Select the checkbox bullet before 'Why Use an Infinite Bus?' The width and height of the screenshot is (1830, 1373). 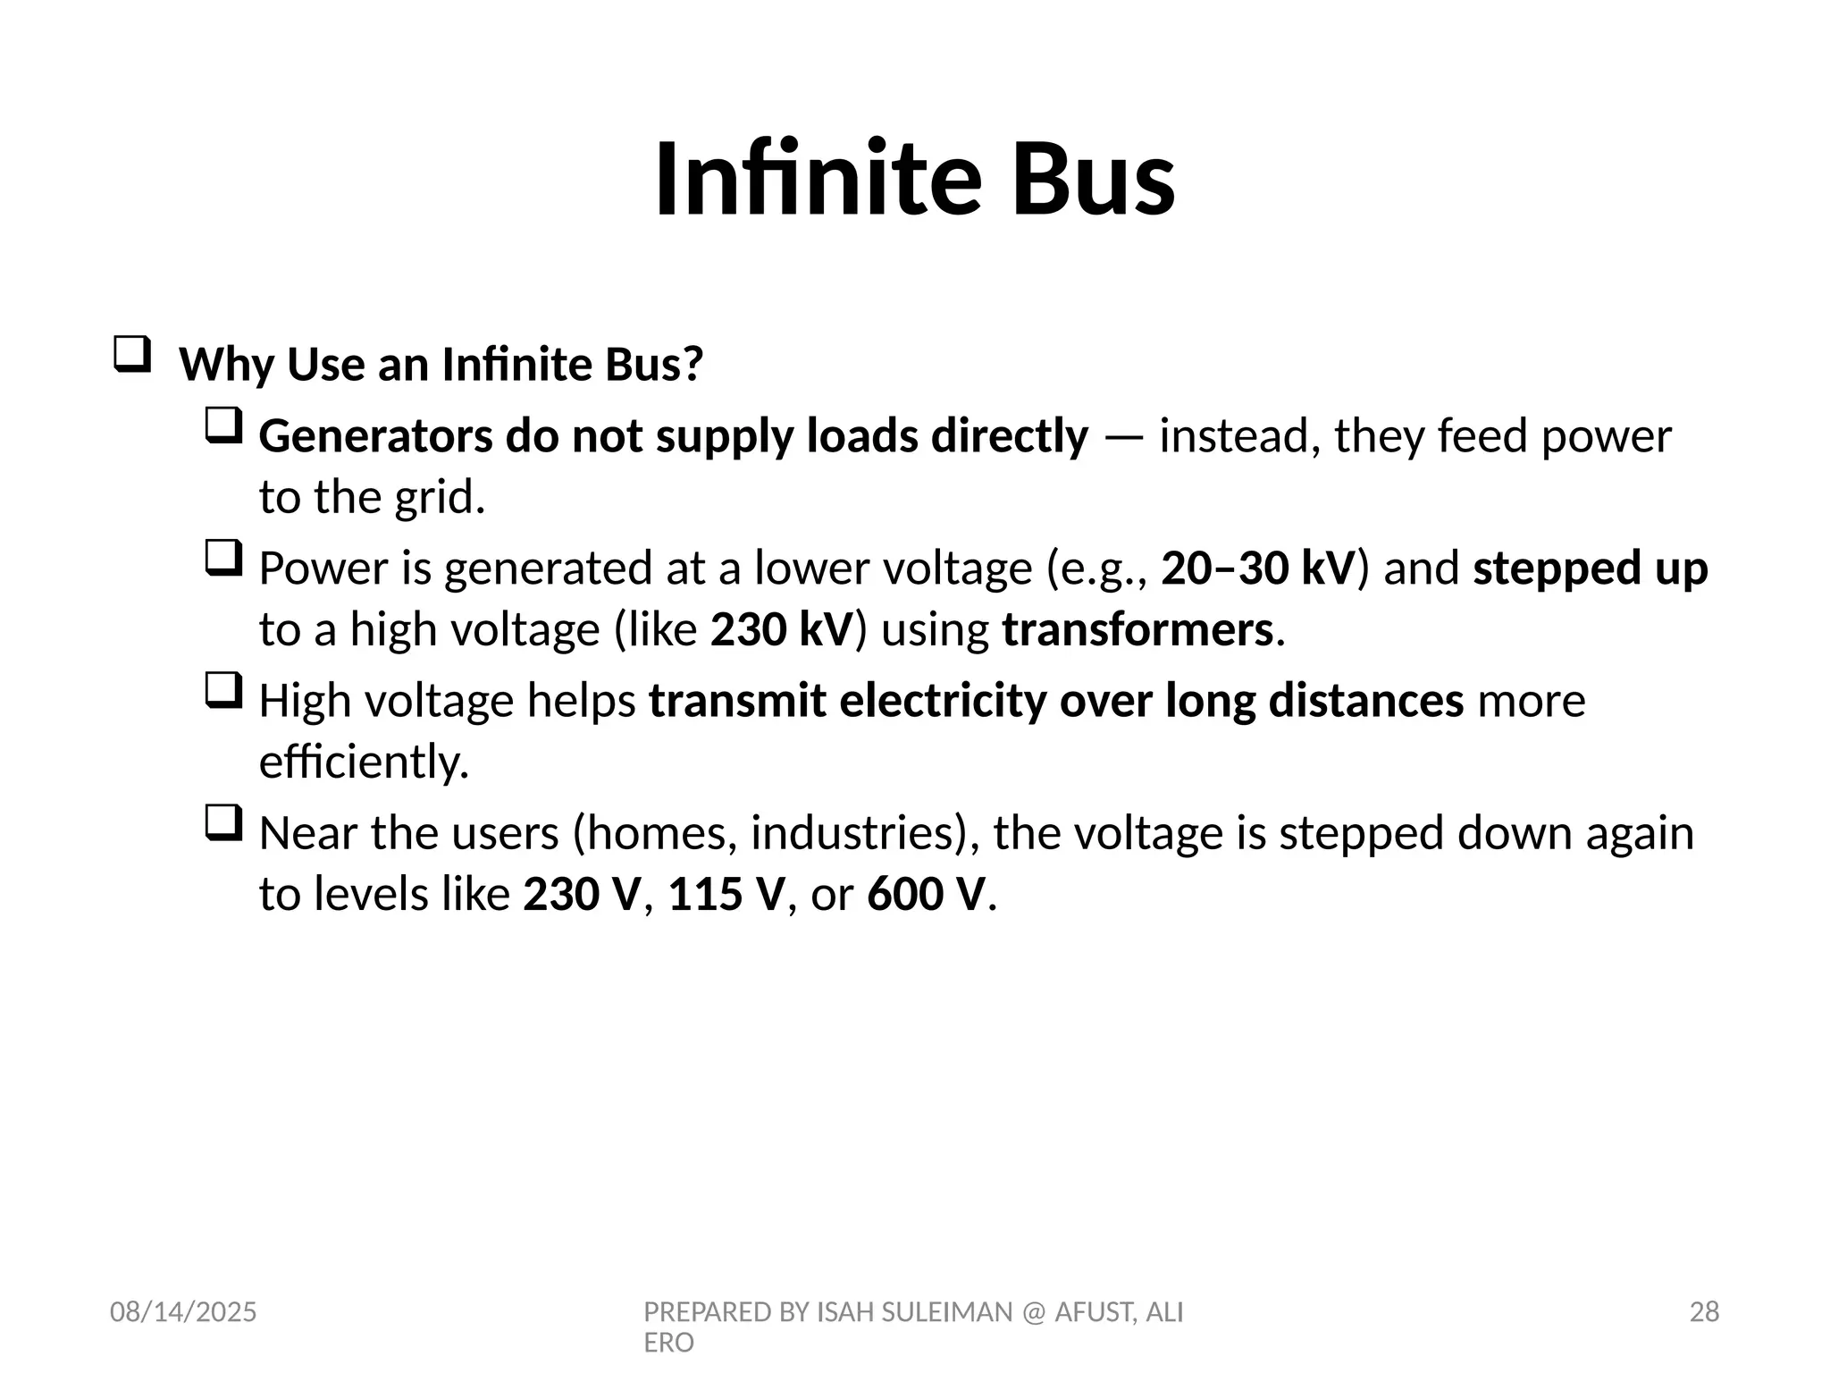click(x=131, y=355)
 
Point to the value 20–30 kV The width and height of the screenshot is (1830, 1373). click(x=1258, y=568)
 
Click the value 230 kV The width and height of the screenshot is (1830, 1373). click(x=783, y=629)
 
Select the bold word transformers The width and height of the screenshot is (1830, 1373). click(x=1137, y=629)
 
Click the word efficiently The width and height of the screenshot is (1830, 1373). click(x=363, y=762)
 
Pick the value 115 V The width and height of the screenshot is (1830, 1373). click(x=726, y=894)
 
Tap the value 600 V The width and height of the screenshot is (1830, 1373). click(x=926, y=894)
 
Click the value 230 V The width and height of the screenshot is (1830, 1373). click(x=582, y=894)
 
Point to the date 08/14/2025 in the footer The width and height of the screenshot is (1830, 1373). click(x=183, y=1312)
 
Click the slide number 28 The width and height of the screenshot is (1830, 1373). click(x=1704, y=1312)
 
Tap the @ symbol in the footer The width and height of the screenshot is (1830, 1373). click(x=1034, y=1312)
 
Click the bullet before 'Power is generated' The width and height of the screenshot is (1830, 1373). click(x=223, y=559)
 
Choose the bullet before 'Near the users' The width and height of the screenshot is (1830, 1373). click(x=223, y=823)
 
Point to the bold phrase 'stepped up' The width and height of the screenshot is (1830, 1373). click(x=1591, y=569)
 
